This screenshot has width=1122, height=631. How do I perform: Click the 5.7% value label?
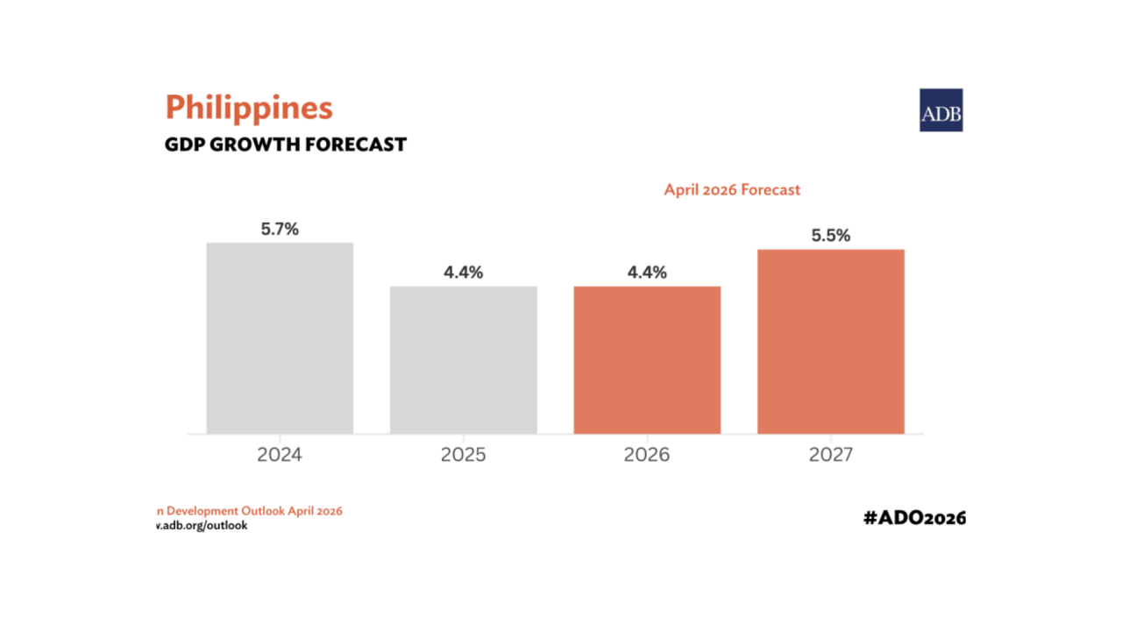[x=280, y=229]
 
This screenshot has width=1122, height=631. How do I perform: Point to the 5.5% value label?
[x=831, y=236]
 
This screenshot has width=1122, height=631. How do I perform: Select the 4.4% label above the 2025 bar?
[x=464, y=273]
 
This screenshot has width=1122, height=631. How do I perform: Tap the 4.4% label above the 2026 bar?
[x=647, y=273]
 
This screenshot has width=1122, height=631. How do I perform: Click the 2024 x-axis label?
[x=280, y=455]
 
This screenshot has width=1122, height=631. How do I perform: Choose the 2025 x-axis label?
[x=464, y=455]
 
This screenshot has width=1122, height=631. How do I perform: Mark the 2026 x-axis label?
[x=647, y=455]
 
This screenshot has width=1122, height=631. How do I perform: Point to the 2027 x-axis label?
[x=831, y=455]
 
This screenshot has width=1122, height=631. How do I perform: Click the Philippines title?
[x=249, y=109]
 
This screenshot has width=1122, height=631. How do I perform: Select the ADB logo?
[x=941, y=110]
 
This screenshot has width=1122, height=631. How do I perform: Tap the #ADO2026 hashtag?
[x=914, y=517]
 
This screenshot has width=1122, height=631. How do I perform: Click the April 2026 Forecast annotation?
[x=732, y=189]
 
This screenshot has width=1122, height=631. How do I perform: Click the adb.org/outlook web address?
[x=202, y=526]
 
